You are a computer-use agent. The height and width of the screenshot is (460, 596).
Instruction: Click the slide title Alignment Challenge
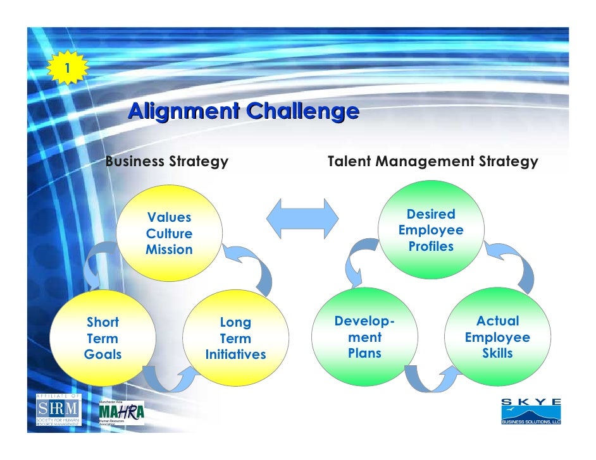pos(244,111)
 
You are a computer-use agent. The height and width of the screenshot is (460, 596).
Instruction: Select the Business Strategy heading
pos(166,162)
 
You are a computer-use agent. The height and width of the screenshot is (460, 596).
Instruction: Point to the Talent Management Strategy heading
pos(433,162)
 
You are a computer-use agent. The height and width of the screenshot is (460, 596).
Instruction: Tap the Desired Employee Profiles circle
pos(431,230)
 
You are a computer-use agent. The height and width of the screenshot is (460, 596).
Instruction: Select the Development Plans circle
pos(365,337)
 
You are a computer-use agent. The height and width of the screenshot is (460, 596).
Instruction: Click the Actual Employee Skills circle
pos(497,337)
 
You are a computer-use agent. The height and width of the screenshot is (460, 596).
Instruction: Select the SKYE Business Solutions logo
pos(530,411)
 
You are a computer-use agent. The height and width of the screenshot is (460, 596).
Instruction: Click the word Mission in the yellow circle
pos(170,250)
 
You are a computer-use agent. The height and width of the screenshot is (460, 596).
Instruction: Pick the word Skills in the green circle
pos(497,353)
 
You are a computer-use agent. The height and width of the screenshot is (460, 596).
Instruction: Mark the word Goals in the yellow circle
pos(102,354)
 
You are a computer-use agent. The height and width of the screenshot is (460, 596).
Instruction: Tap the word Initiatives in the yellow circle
pos(236,355)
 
